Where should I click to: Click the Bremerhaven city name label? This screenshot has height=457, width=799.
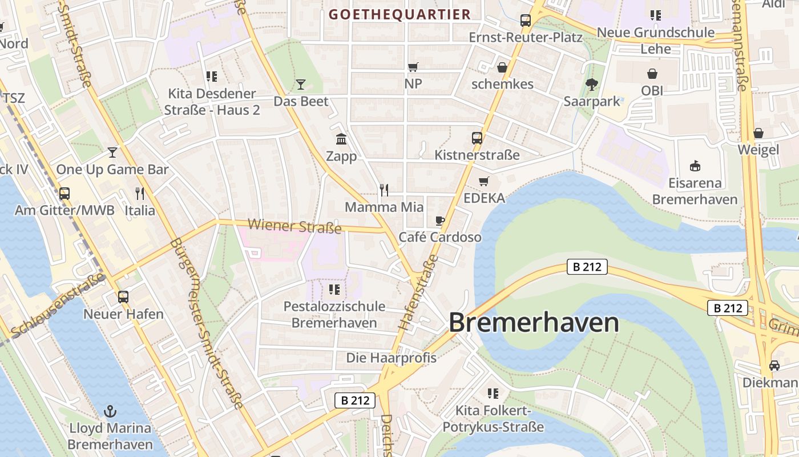click(x=534, y=323)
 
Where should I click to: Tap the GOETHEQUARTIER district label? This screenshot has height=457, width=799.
click(x=400, y=14)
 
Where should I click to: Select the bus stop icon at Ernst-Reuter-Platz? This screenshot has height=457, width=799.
click(x=526, y=21)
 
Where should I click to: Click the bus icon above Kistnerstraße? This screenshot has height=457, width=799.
click(x=477, y=138)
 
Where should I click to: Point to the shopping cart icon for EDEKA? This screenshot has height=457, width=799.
click(x=484, y=182)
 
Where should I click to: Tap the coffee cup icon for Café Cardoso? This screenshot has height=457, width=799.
click(x=439, y=221)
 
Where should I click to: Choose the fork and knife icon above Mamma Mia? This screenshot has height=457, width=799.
click(x=384, y=190)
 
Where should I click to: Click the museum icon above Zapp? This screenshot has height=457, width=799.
click(x=341, y=139)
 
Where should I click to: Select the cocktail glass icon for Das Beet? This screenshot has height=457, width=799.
click(x=301, y=85)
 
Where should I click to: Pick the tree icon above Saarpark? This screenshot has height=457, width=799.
click(x=592, y=85)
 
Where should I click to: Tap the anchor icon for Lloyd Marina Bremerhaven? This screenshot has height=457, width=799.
click(x=110, y=411)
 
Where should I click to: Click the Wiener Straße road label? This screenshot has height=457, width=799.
click(x=295, y=226)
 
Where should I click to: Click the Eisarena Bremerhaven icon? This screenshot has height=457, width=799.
click(x=695, y=166)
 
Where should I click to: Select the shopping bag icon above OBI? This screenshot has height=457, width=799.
click(x=652, y=74)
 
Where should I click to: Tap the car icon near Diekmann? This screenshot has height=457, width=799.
click(x=774, y=366)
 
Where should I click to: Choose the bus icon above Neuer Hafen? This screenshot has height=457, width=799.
click(x=123, y=297)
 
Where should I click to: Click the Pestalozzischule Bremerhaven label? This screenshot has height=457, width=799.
click(x=334, y=314)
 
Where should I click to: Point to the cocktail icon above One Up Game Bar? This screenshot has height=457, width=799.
click(x=112, y=153)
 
